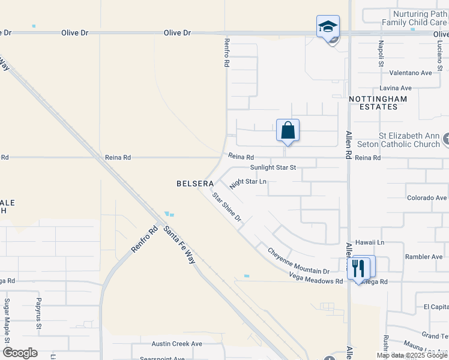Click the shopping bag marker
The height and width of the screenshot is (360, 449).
pyautogui.click(x=288, y=130)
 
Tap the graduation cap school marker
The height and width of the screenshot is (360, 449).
pyautogui.click(x=328, y=27)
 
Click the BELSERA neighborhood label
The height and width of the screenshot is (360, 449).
pyautogui.click(x=196, y=183)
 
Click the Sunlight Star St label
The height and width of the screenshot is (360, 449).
pyautogui.click(x=274, y=168)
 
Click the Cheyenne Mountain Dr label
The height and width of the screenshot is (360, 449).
pyautogui.click(x=298, y=262)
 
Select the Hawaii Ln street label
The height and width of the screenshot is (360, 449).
pyautogui.click(x=372, y=242)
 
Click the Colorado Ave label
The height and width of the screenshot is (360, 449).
pyautogui.click(x=426, y=197)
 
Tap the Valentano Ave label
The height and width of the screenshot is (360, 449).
pyautogui.click(x=411, y=73)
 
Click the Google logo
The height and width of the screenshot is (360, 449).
pyautogui.click(x=20, y=353)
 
